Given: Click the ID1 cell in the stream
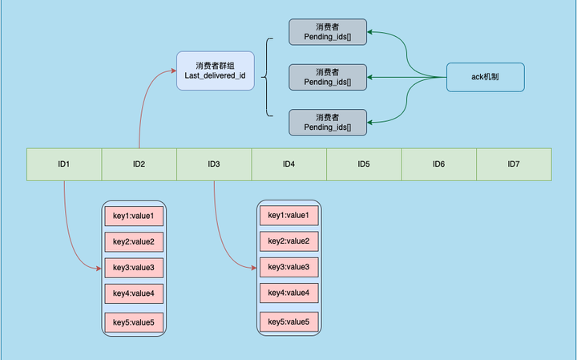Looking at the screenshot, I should pyautogui.click(x=64, y=164).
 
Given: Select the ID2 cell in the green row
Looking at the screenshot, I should pyautogui.click(x=139, y=164).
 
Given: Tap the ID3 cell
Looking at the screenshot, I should pyautogui.click(x=214, y=164).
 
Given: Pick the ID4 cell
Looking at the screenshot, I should pyautogui.click(x=288, y=164).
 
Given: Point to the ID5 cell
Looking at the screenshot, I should pyautogui.click(x=364, y=164).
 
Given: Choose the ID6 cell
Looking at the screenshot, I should pyautogui.click(x=438, y=164).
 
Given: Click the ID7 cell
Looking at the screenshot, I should pyautogui.click(x=514, y=164).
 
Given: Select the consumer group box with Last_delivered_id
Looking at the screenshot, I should pyautogui.click(x=215, y=71).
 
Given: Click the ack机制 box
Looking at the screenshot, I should pyautogui.click(x=486, y=77).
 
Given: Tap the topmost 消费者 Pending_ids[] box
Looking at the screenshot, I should pyautogui.click(x=327, y=31).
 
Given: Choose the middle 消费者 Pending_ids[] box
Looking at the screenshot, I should pyautogui.click(x=327, y=77).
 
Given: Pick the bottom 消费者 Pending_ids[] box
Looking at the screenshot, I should pyautogui.click(x=327, y=122).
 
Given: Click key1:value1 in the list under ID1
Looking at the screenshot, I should pyautogui.click(x=134, y=216).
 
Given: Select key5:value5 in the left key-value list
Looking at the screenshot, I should pyautogui.click(x=134, y=322).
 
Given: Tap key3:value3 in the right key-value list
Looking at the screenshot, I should pyautogui.click(x=288, y=266).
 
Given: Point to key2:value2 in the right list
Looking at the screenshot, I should pyautogui.click(x=288, y=241).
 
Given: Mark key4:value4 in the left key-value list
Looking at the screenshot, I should pyautogui.click(x=134, y=293).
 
